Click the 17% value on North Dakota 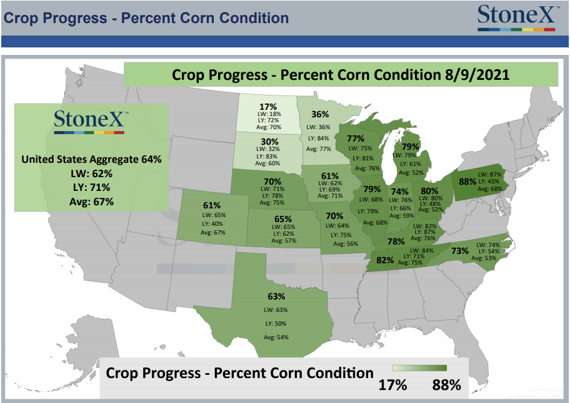coord(268,107)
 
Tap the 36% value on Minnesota coord(320,114)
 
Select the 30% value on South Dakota coord(269,142)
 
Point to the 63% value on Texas coord(276,296)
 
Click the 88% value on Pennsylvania coord(467,182)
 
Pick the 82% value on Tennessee coord(385,260)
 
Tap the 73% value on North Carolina coord(460,251)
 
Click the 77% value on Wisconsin coord(355,138)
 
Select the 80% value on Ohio coord(429,191)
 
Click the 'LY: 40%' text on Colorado coord(212,224)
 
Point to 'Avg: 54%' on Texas coord(276,337)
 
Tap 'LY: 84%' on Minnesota coord(319,138)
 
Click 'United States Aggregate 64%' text coord(91,159)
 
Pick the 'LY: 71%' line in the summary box coord(91,188)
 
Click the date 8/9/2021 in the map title coord(477,75)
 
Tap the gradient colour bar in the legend coord(419,368)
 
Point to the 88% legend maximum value coord(446,384)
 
